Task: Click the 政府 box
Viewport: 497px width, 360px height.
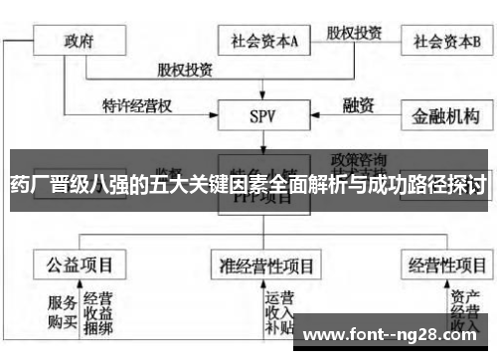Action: tap(80, 43)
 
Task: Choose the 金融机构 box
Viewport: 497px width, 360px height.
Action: tap(446, 116)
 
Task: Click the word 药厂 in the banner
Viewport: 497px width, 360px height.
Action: tap(26, 185)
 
